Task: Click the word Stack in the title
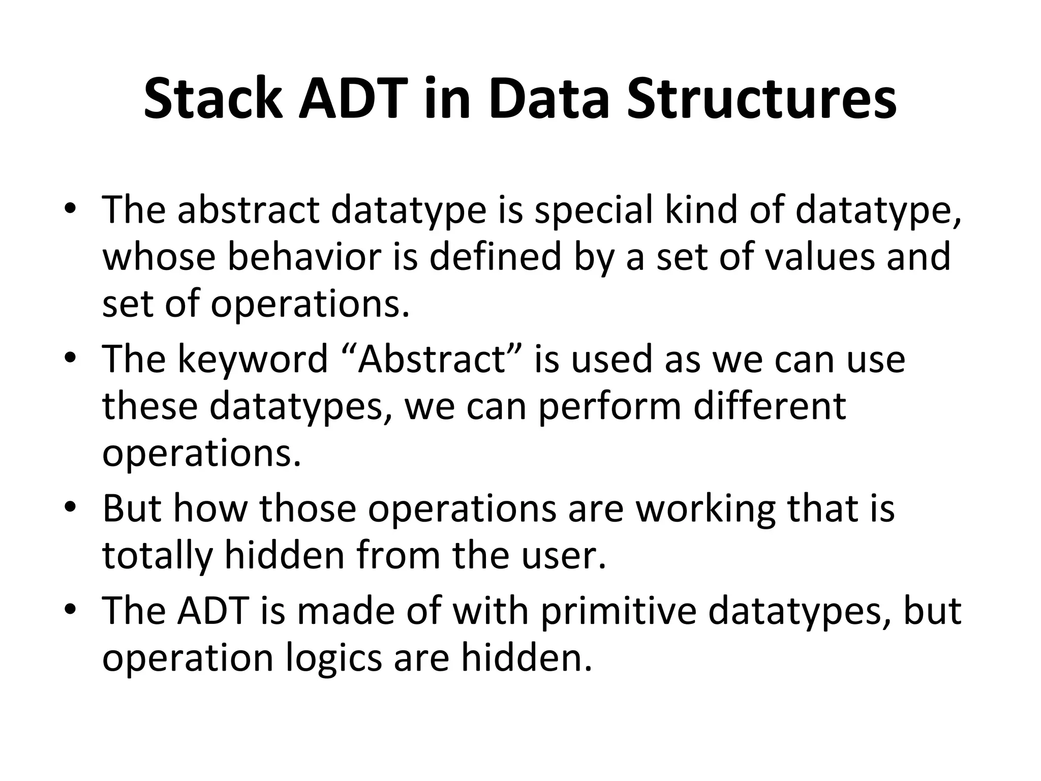212,99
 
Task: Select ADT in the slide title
356,99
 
